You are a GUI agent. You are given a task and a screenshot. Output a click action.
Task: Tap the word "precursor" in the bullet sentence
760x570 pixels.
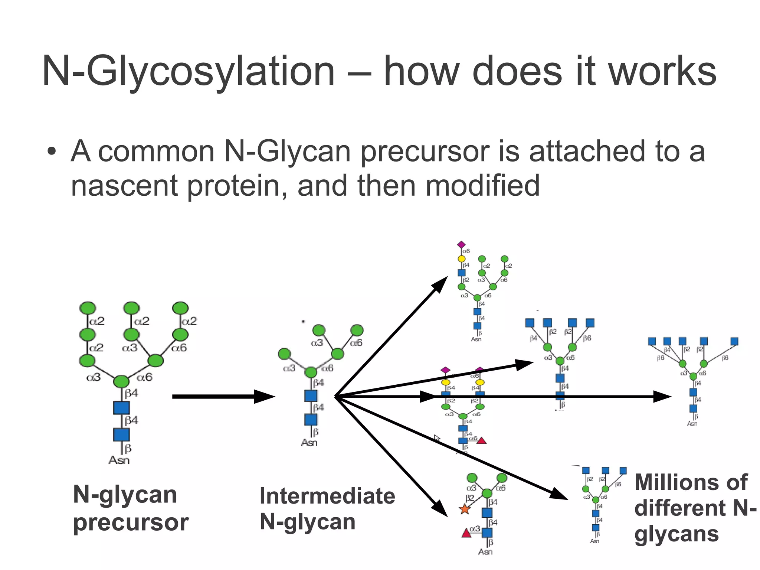[x=427, y=152]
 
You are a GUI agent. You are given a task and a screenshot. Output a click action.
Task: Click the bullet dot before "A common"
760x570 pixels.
[x=52, y=152]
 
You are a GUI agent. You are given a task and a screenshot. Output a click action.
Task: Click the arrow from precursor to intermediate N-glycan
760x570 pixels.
[x=223, y=397]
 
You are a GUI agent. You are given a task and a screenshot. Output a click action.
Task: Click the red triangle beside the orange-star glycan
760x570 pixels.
[x=466, y=533]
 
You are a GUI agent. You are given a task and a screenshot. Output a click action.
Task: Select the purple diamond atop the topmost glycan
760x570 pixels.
[x=461, y=245]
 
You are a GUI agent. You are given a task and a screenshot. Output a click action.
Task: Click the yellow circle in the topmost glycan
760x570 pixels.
[x=461, y=258]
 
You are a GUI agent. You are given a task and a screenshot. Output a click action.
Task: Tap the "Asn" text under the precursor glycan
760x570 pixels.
[x=119, y=460]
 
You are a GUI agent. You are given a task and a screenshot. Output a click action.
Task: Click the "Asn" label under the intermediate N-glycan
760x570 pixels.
[x=309, y=443]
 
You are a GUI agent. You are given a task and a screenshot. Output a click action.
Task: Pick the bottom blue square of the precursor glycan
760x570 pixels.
[x=121, y=435]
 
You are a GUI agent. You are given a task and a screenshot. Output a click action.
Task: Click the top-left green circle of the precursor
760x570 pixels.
[x=88, y=308]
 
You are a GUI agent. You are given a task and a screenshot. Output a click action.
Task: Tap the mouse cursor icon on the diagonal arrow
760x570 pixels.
[x=437, y=438]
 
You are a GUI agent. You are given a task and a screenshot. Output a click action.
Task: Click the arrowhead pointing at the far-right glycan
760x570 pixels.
[x=662, y=397]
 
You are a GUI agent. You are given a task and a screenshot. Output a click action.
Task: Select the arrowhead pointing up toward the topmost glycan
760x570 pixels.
[x=440, y=284]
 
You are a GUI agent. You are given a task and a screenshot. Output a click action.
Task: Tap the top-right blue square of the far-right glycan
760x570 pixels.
[x=734, y=341]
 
